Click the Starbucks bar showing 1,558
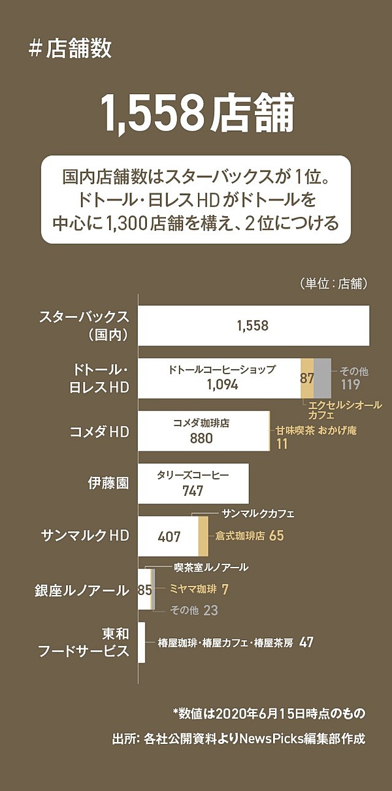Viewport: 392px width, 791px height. click(253, 325)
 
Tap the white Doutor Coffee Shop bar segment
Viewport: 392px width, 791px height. click(219, 378)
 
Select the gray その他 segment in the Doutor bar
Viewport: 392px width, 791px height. click(322, 378)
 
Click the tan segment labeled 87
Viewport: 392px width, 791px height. click(307, 378)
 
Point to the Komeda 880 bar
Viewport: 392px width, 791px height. click(203, 431)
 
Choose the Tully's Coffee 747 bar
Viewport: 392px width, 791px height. click(193, 484)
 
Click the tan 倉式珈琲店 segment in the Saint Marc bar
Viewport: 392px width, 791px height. click(203, 536)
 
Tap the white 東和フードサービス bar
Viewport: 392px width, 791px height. click(141, 642)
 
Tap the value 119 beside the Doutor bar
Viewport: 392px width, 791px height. click(350, 385)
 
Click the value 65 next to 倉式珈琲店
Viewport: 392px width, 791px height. click(276, 536)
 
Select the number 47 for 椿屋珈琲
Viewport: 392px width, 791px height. click(306, 642)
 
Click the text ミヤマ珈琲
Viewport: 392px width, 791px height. click(193, 589)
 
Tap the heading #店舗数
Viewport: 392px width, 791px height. click(70, 50)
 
